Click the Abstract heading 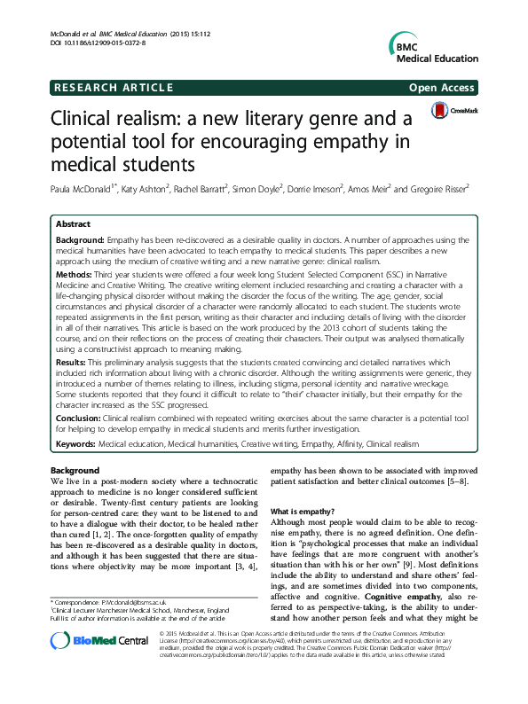click(73, 225)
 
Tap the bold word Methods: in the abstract click(75, 277)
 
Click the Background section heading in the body click(75, 470)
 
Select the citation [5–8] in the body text click(469, 481)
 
